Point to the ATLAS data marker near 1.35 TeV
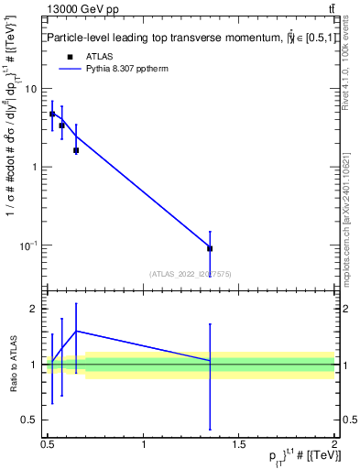click(x=210, y=248)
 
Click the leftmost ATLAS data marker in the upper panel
click(x=52, y=115)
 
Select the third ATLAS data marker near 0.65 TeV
click(x=76, y=150)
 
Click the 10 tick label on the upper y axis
click(x=31, y=89)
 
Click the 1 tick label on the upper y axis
click(x=34, y=167)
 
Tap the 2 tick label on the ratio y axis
click(x=34, y=309)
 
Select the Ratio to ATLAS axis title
click(x=13, y=365)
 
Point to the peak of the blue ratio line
click(x=76, y=331)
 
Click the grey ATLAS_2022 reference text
click(x=191, y=273)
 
